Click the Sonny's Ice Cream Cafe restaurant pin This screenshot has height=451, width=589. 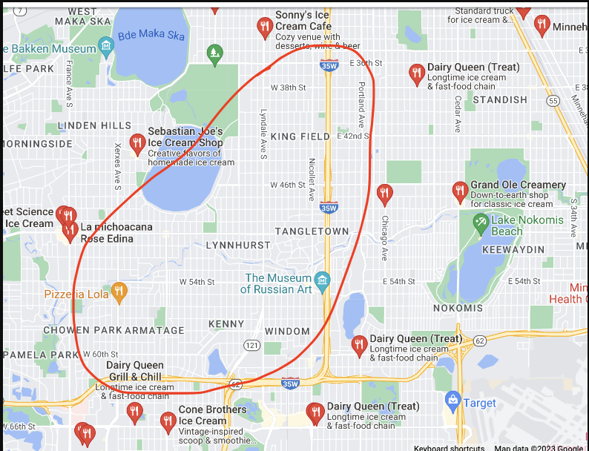265,27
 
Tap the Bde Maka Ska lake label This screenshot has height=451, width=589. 151,35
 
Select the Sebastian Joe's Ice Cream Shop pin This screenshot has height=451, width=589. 137,143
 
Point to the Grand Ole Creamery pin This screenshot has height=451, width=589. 460,191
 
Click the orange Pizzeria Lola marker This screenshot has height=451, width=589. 119,292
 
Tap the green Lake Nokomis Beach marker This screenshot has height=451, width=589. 481,220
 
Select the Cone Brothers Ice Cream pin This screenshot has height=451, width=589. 168,421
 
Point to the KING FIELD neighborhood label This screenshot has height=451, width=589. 300,136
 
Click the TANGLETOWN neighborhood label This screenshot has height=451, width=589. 312,231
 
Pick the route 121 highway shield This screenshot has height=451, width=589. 251,345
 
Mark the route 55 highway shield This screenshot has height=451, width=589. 553,100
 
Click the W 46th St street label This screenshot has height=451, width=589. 288,185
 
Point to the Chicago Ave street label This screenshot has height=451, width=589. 384,238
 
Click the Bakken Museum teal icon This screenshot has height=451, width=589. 107,48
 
